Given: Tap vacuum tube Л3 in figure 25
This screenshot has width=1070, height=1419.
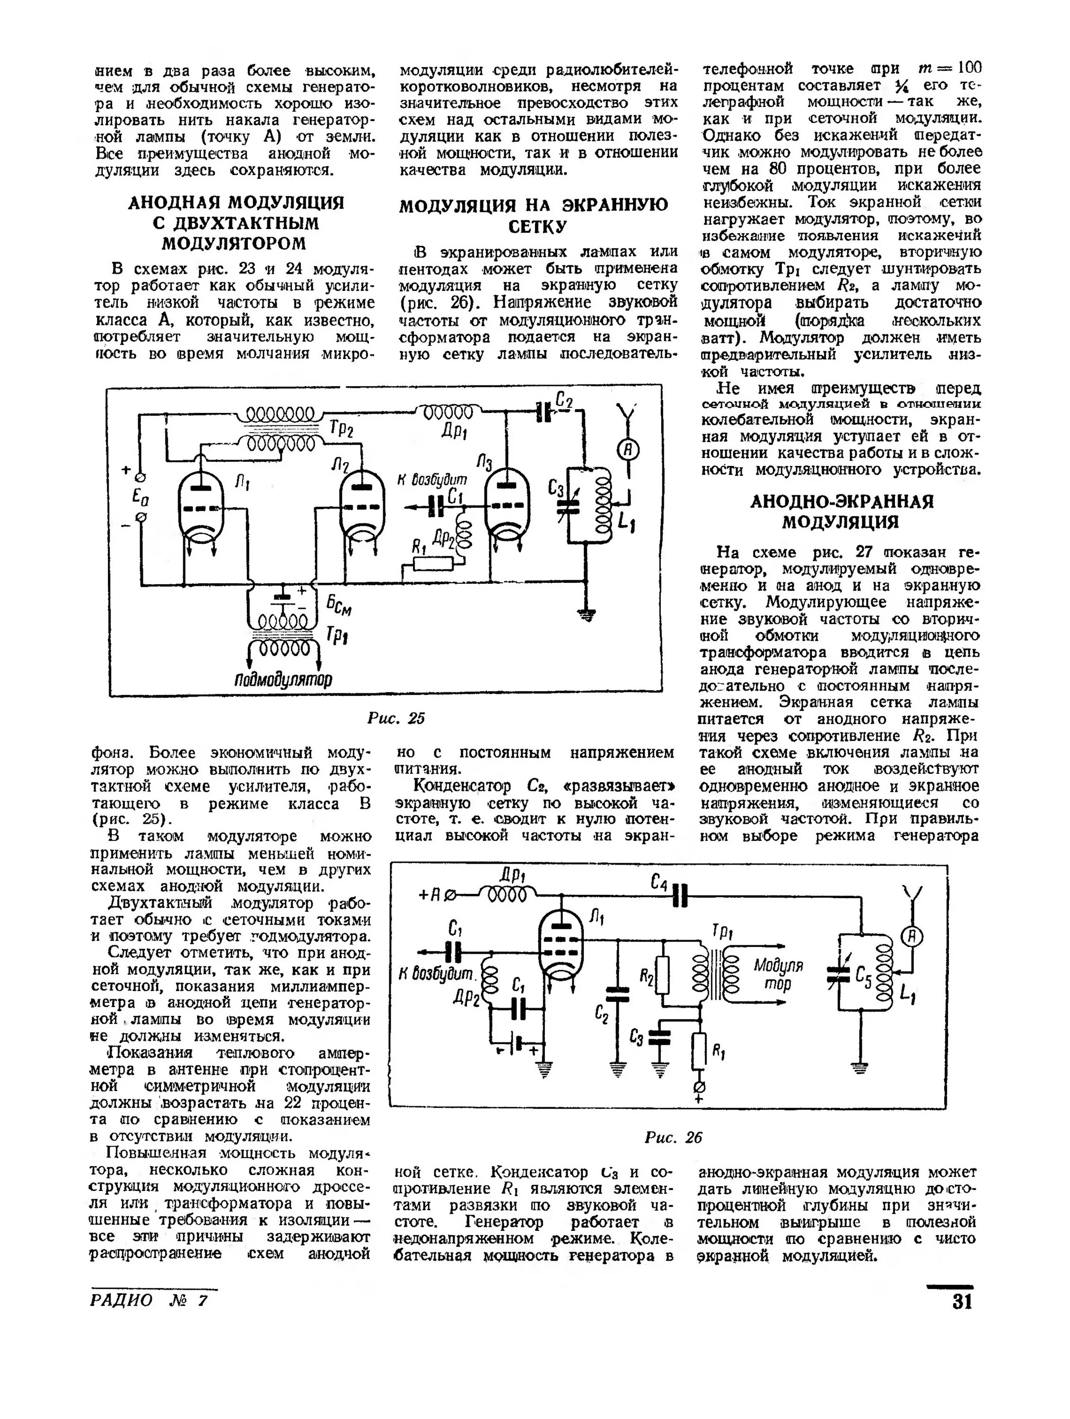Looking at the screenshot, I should pyautogui.click(x=506, y=502).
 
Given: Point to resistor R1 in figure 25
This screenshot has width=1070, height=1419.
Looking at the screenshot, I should pyautogui.click(x=433, y=563).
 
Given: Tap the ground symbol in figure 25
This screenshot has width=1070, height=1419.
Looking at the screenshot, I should pyautogui.click(x=586, y=614).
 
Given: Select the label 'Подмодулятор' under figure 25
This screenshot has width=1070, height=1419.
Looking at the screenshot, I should pyautogui.click(x=283, y=679).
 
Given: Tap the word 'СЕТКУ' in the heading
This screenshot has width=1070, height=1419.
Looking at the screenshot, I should pyautogui.click(x=537, y=227).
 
